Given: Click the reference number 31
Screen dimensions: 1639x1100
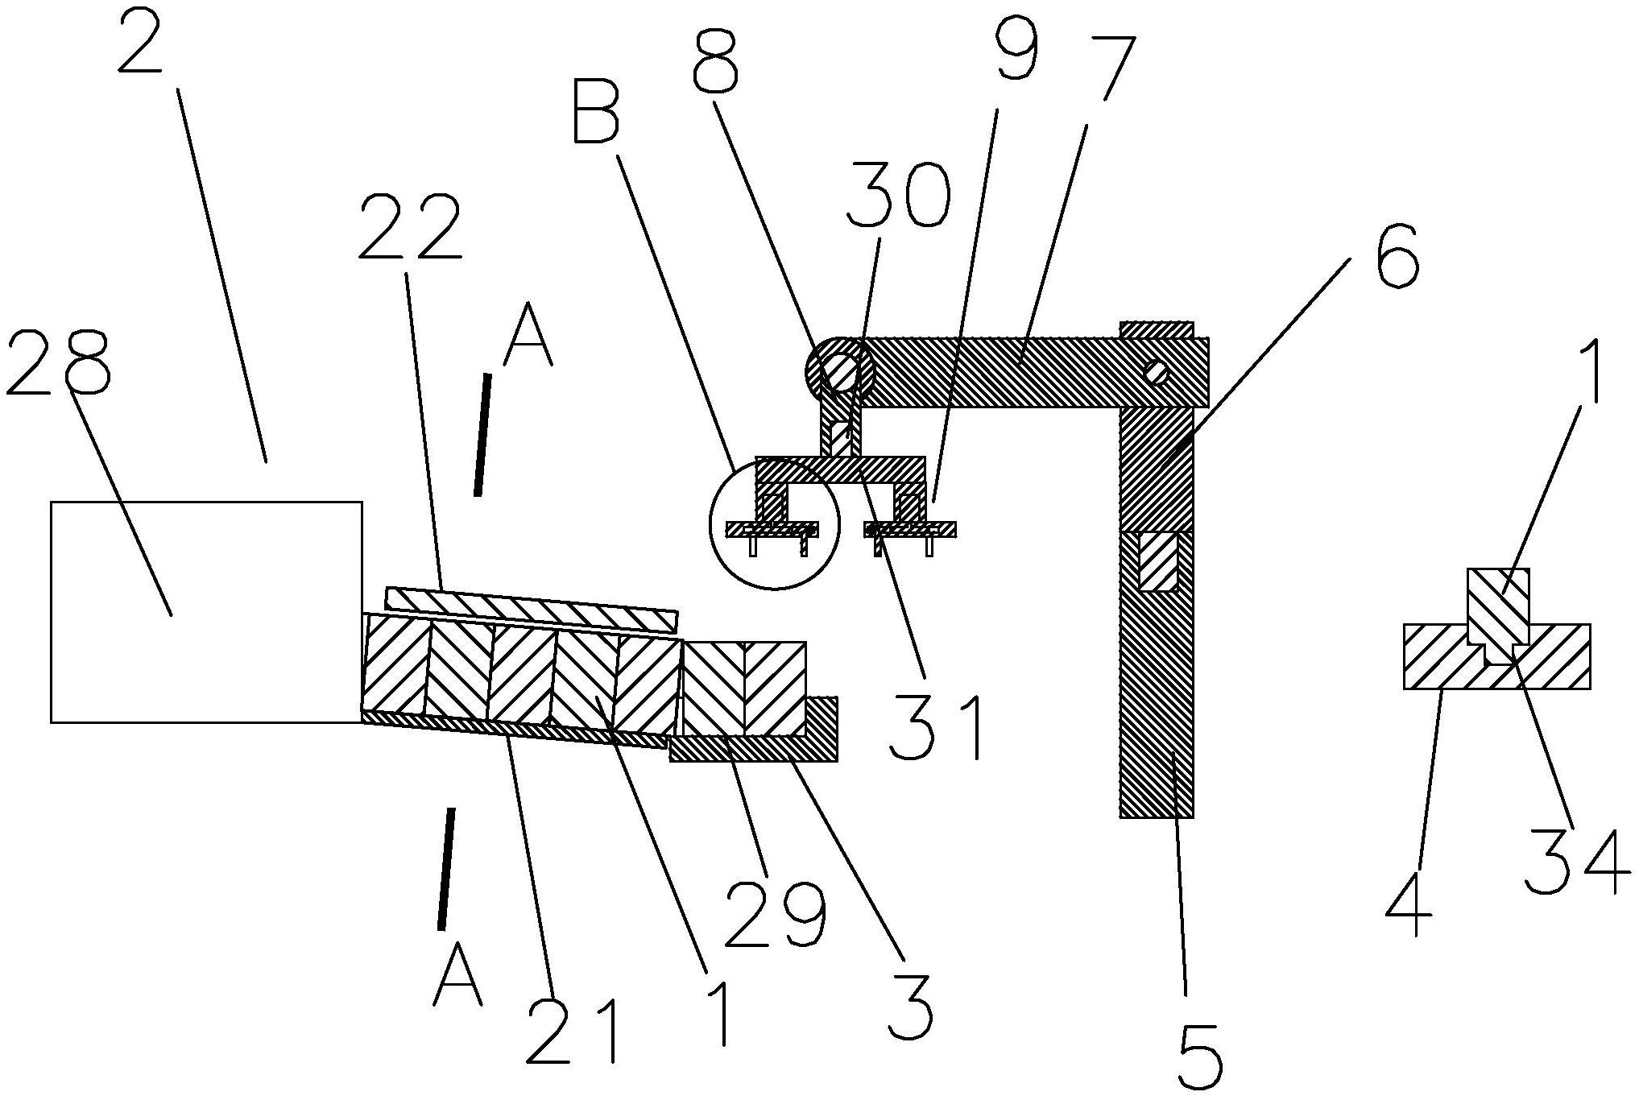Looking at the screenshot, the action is [x=937, y=727].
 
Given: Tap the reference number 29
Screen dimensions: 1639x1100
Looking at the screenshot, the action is [x=1107, y=67].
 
